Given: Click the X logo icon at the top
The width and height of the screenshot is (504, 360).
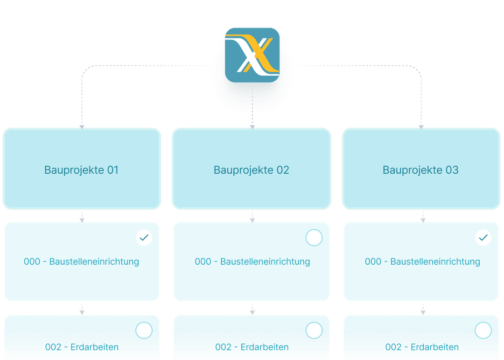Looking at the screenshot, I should point(252,55).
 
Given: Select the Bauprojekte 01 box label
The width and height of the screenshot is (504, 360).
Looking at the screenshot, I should point(82,170).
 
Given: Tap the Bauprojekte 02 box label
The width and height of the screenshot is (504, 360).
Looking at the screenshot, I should point(252,170).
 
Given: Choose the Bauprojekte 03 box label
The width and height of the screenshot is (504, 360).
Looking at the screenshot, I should point(420,170).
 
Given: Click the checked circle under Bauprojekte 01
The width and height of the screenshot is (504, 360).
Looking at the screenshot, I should point(144,238).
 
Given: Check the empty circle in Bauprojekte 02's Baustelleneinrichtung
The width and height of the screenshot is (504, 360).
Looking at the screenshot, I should point(314,238).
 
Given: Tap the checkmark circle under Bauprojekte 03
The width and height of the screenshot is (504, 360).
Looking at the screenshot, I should point(483,238).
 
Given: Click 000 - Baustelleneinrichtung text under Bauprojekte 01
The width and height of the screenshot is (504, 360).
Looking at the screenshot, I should point(82,261).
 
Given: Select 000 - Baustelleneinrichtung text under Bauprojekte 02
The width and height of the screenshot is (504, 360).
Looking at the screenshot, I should point(252,261).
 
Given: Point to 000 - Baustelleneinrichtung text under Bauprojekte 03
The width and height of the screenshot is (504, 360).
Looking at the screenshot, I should point(422,261).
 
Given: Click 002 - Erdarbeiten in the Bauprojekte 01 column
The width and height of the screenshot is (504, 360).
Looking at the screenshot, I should point(82,347).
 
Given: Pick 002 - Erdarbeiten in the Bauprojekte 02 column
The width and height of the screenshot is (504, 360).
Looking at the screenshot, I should point(252,347).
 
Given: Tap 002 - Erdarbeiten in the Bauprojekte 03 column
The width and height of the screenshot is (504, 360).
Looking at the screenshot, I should point(422,347).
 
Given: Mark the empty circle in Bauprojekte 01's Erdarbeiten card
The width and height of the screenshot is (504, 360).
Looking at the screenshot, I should point(144,331).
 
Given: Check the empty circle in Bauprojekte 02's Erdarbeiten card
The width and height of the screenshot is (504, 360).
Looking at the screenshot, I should point(314,331).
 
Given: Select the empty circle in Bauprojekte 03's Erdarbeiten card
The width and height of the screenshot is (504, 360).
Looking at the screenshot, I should point(483,331).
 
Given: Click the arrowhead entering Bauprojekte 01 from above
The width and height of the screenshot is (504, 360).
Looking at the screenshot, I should point(82,126).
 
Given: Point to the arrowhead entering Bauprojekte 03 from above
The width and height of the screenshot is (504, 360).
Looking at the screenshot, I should point(421,126).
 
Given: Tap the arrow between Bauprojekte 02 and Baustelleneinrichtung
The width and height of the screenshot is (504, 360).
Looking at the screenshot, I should point(252,217).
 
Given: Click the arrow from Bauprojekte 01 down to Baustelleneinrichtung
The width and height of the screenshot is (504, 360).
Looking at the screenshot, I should point(82,217).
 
